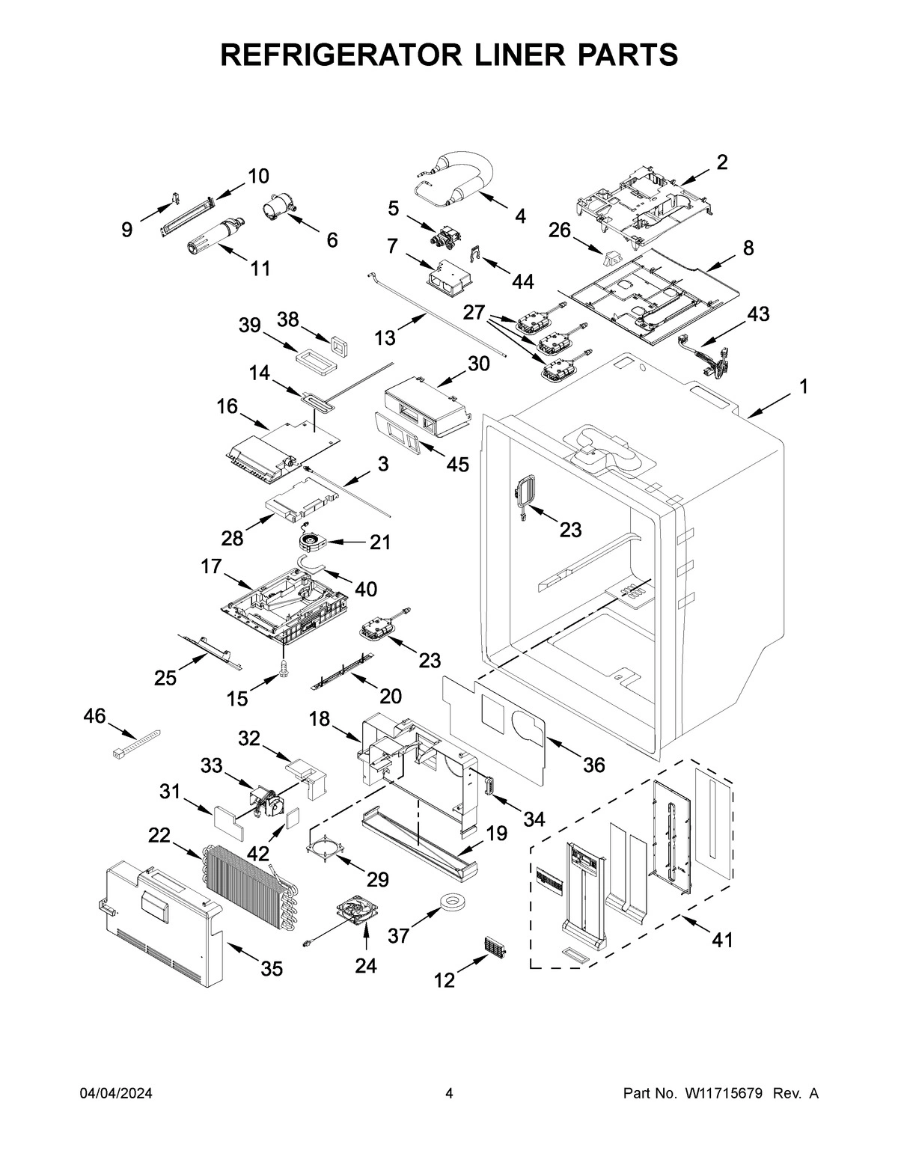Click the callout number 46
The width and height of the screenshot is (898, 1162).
[94, 716]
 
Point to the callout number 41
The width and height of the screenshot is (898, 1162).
[721, 940]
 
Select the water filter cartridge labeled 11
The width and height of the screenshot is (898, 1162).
[213, 236]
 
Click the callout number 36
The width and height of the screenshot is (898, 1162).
[593, 765]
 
